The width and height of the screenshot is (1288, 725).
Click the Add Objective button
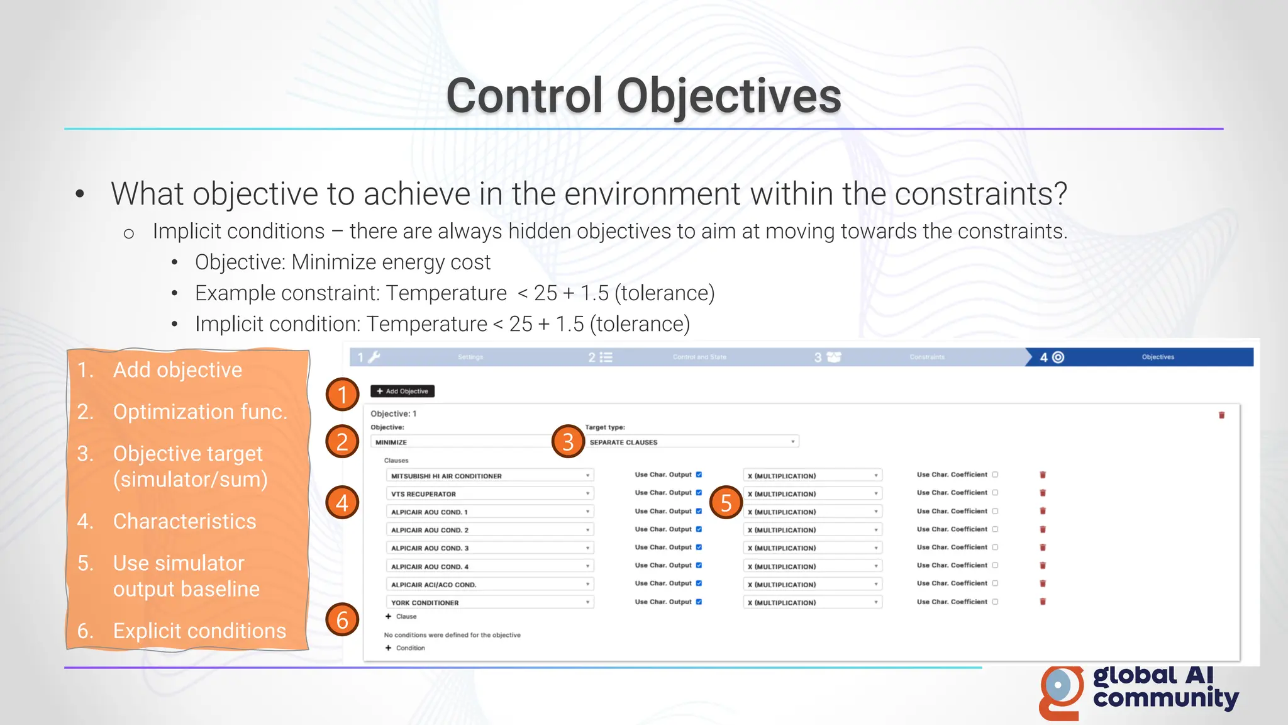pos(402,391)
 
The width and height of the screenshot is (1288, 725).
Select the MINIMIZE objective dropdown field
pos(462,442)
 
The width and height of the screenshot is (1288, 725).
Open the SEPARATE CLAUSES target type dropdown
pos(692,442)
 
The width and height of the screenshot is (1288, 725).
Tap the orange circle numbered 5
pos(726,502)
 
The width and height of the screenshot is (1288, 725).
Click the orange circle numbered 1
pos(342,395)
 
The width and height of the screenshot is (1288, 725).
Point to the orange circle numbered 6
pos(342,620)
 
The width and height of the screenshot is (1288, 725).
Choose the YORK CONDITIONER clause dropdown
pos(489,602)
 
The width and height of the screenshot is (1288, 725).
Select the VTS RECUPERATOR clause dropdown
pos(489,494)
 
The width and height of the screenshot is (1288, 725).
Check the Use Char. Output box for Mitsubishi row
pos(699,475)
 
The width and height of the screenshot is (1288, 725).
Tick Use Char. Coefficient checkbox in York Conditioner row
pos(995,602)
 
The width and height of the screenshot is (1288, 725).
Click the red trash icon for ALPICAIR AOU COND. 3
pos(1043,548)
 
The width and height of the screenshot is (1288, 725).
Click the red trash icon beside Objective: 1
pos(1221,415)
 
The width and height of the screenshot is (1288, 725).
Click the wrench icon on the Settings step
pos(374,357)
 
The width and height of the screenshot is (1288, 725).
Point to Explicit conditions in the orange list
pos(199,631)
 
